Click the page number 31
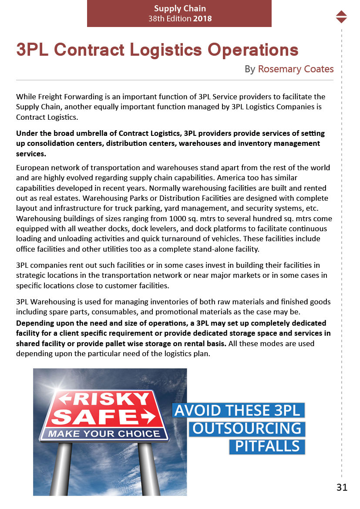[x=342, y=487]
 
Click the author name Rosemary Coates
[x=296, y=69]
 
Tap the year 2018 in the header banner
[x=202, y=19]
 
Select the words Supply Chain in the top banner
[x=180, y=8]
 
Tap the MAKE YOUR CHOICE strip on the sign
[x=104, y=434]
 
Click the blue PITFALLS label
[x=267, y=446]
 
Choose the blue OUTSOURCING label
[x=247, y=428]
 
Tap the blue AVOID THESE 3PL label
[x=238, y=410]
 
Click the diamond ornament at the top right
[x=342, y=17]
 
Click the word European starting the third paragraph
[x=34, y=168]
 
